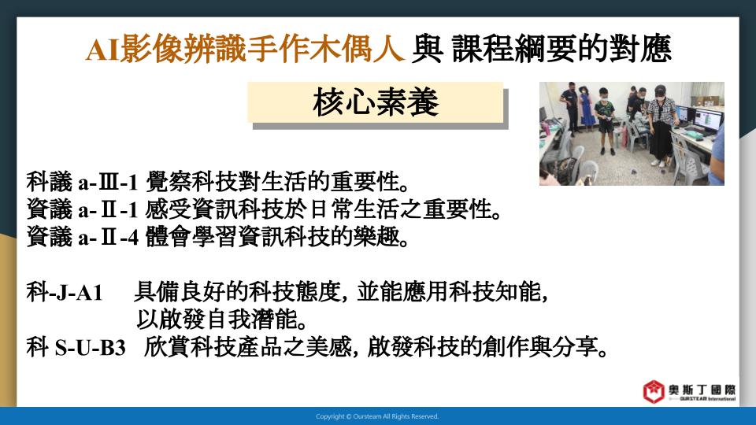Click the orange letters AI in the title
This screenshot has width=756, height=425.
(102, 49)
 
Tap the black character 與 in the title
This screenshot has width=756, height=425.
(427, 49)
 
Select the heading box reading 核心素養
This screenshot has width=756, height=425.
(375, 102)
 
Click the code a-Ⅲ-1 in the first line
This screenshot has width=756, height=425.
(109, 182)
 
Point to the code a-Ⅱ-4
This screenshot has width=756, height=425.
(109, 237)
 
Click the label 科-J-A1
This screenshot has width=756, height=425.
(65, 293)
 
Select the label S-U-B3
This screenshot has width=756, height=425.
(90, 347)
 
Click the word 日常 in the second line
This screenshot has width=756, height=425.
(331, 209)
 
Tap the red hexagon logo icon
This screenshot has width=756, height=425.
(654, 392)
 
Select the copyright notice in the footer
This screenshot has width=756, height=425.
(377, 416)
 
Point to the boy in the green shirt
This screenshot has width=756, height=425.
(605, 120)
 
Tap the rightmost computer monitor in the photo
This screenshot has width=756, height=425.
(707, 121)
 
